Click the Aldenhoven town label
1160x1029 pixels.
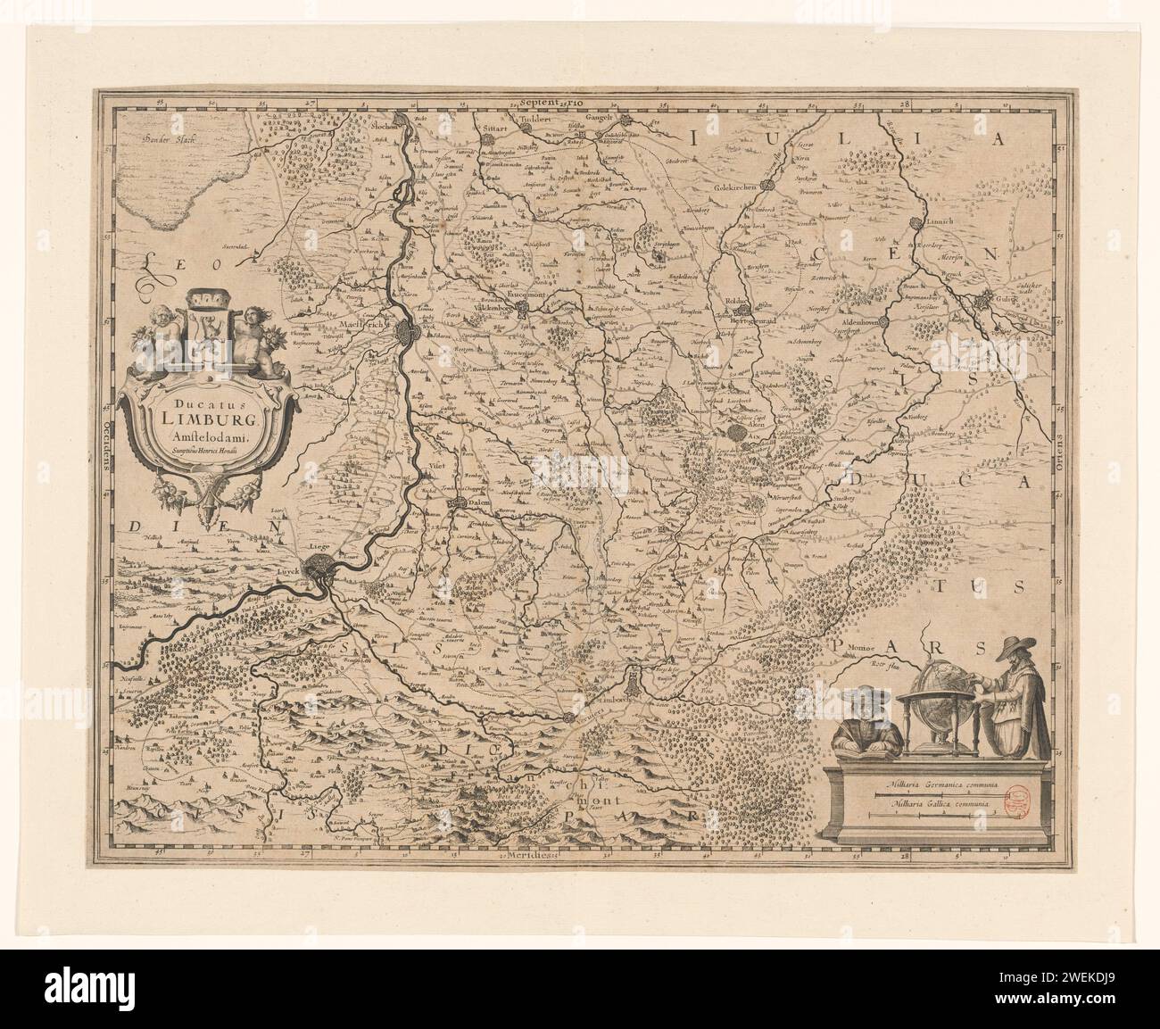(x=860, y=319)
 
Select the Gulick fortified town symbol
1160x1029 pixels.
(x=987, y=303)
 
